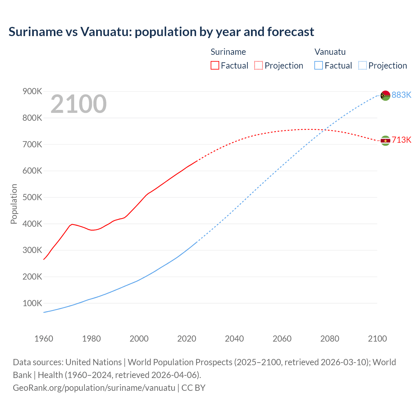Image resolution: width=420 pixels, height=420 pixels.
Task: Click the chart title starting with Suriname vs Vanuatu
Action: click(x=161, y=32)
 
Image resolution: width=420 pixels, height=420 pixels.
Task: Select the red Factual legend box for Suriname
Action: click(x=215, y=65)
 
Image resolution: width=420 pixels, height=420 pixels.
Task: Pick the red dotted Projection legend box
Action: click(x=259, y=65)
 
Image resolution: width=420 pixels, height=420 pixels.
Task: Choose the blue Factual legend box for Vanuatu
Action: click(x=318, y=65)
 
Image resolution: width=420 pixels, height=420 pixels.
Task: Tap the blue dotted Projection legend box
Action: click(x=362, y=65)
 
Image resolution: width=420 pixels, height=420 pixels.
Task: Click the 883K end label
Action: click(x=401, y=95)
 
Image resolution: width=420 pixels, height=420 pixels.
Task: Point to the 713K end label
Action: click(x=401, y=140)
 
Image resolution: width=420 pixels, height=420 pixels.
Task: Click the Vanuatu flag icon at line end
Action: click(x=385, y=95)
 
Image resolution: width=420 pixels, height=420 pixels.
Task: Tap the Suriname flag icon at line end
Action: click(x=385, y=141)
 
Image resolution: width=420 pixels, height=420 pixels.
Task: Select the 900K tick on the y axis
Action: click(x=32, y=92)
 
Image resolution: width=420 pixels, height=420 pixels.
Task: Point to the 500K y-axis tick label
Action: click(x=32, y=198)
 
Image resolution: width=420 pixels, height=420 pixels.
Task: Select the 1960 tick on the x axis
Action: click(x=44, y=339)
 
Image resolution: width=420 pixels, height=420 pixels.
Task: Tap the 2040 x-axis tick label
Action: click(x=234, y=339)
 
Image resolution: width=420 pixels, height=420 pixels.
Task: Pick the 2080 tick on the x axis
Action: click(x=330, y=339)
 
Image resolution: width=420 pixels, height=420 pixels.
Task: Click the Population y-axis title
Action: click(x=14, y=204)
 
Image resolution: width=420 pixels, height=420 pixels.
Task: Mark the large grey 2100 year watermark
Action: click(x=78, y=104)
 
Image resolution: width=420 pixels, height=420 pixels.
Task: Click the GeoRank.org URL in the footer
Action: click(x=94, y=388)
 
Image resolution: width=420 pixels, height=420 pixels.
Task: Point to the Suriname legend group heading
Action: click(x=228, y=52)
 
